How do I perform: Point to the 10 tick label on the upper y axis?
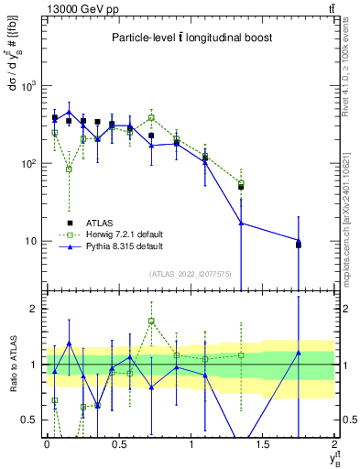pyautogui.click(x=33, y=242)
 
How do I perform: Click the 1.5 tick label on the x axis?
pyautogui.click(x=263, y=444)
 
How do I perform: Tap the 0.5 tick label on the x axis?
pyautogui.click(x=119, y=444)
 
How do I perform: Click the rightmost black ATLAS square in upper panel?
pyautogui.click(x=299, y=245)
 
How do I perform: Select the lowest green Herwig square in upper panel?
pyautogui.click(x=69, y=169)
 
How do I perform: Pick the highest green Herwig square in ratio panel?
pyautogui.click(x=151, y=322)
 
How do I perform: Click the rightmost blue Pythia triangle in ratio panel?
pyautogui.click(x=299, y=353)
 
